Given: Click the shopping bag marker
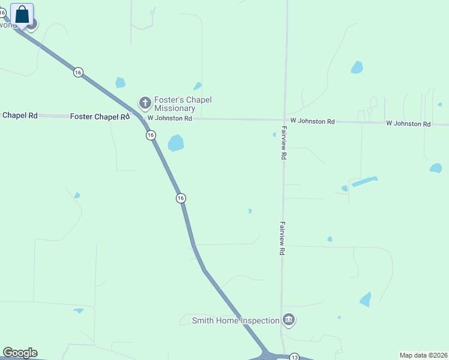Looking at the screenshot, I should click(22, 14).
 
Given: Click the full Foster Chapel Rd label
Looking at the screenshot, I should click(100, 116).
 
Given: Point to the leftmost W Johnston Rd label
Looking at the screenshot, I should click(170, 119).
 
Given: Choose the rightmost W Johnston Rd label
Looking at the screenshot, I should click(408, 124).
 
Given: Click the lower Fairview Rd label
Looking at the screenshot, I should click(281, 238).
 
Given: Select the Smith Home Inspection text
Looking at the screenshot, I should click(235, 320).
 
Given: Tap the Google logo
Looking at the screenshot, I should click(20, 353).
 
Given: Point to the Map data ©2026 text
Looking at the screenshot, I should click(423, 355).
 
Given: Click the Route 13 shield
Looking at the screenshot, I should click(294, 357).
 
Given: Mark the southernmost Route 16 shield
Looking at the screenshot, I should click(180, 198).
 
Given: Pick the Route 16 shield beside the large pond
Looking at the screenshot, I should click(150, 136).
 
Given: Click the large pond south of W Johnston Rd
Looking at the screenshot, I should click(176, 143).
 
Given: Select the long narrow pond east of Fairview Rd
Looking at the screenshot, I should click(364, 181).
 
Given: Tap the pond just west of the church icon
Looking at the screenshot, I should click(120, 82).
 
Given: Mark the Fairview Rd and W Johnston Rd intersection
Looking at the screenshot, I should click(285, 120).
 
